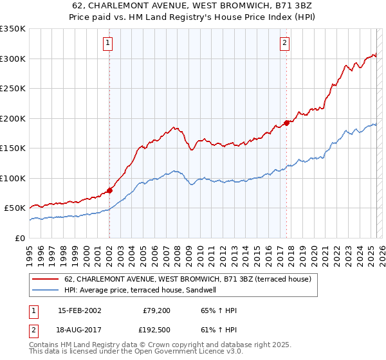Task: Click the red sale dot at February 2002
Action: pos(109,190)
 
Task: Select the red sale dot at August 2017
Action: pos(286,123)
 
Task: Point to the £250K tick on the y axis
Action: pos(13,89)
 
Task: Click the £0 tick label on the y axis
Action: pos(19,238)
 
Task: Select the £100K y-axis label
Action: pos(13,178)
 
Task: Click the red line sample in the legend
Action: pos(46,279)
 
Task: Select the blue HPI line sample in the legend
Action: pos(46,290)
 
